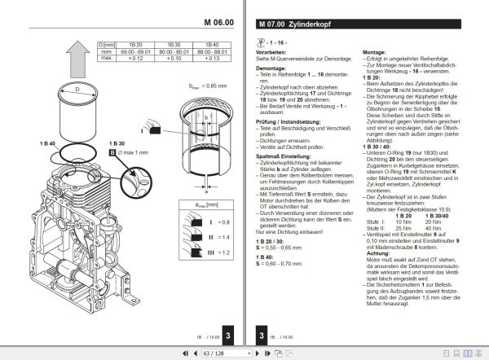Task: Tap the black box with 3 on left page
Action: click(231, 335)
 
